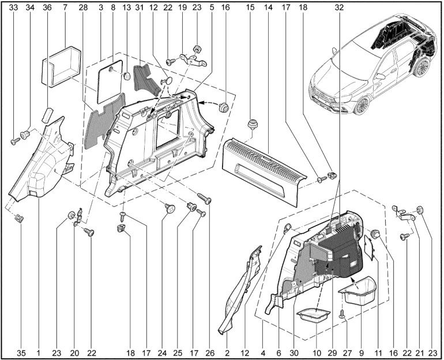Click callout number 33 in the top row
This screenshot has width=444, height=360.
click(13, 7)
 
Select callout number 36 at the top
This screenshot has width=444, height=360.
click(47, 7)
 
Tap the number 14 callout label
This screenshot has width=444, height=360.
click(268, 7)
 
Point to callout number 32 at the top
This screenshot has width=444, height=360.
click(339, 7)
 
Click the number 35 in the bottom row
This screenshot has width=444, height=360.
click(21, 353)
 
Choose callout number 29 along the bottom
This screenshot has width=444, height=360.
click(333, 353)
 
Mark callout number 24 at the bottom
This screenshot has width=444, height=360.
click(163, 353)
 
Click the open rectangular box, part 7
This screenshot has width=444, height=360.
click(62, 67)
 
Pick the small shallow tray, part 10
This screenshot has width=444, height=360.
click(314, 316)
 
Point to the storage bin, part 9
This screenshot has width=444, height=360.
click(358, 292)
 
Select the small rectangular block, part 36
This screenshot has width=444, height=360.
click(47, 114)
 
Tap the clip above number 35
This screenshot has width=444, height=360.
click(20, 219)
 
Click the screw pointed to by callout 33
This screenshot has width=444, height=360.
click(15, 141)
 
